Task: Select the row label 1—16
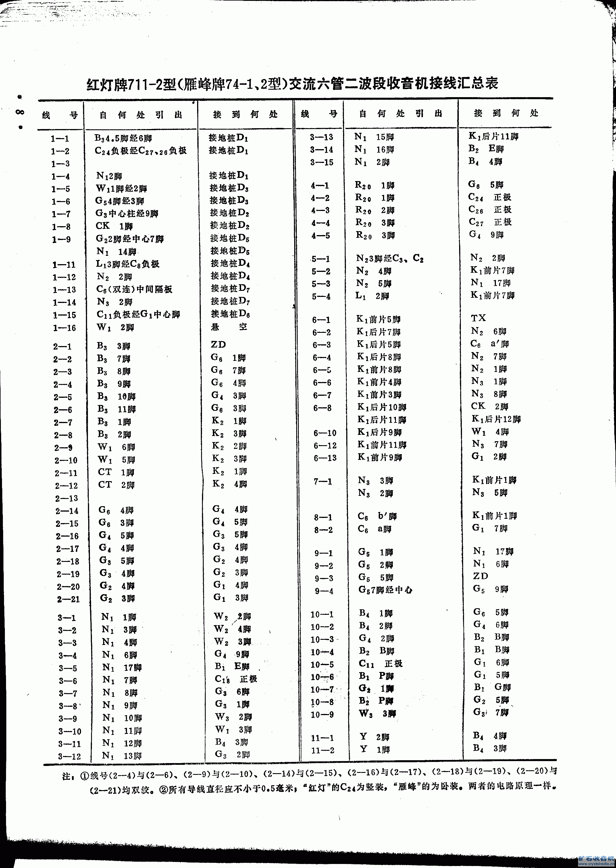point(64,328)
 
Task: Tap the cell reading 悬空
point(229,327)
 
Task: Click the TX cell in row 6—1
point(478,318)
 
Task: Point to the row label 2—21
point(68,599)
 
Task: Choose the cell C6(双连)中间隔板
point(134,289)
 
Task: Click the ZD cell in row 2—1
point(218,344)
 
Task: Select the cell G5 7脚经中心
point(385,590)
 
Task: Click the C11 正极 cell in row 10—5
point(380,664)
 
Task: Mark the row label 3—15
point(322,162)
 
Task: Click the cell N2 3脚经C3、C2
point(390,258)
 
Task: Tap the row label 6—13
point(325,458)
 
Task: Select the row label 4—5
point(321,236)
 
